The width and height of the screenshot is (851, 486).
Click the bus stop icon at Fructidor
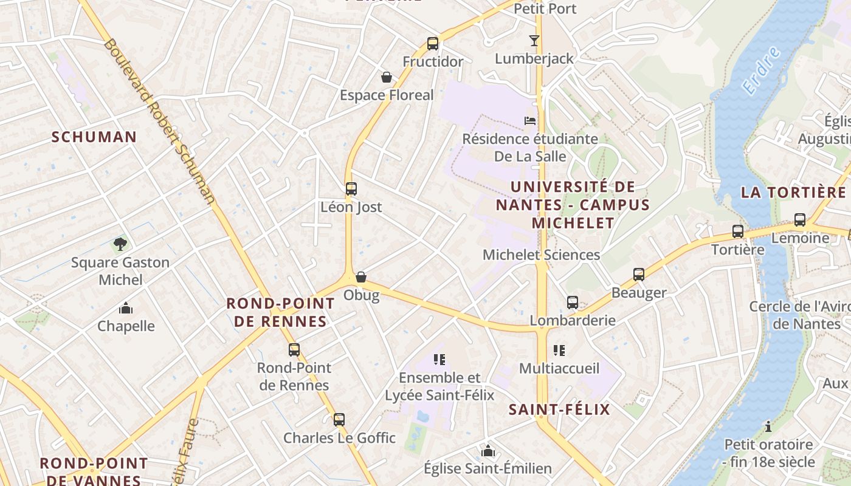(x=433, y=44)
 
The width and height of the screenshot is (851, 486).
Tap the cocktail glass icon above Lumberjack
(x=534, y=41)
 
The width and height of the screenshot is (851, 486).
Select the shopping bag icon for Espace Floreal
(x=386, y=77)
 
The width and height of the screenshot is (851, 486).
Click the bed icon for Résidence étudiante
(x=530, y=121)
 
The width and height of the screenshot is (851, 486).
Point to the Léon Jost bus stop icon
(x=351, y=189)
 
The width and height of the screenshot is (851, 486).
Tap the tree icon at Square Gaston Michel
(x=120, y=244)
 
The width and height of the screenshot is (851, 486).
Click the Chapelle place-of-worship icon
(x=126, y=308)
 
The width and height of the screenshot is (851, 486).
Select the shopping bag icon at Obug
(x=361, y=277)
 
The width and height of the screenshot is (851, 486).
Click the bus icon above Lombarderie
(x=573, y=303)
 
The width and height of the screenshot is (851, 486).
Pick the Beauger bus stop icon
(x=639, y=275)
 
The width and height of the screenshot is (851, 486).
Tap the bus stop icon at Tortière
(x=738, y=231)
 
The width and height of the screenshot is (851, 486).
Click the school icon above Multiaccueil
(x=559, y=351)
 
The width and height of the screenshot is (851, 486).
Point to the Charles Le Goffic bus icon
(x=339, y=420)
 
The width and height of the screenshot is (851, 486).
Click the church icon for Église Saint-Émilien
(x=488, y=451)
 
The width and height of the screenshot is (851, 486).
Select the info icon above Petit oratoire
(x=768, y=426)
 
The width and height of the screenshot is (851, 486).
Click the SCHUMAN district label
(x=94, y=137)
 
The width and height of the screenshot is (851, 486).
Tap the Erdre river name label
(x=761, y=70)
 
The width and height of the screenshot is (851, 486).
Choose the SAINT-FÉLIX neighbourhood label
(x=559, y=409)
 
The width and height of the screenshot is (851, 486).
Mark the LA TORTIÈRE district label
(x=793, y=193)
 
